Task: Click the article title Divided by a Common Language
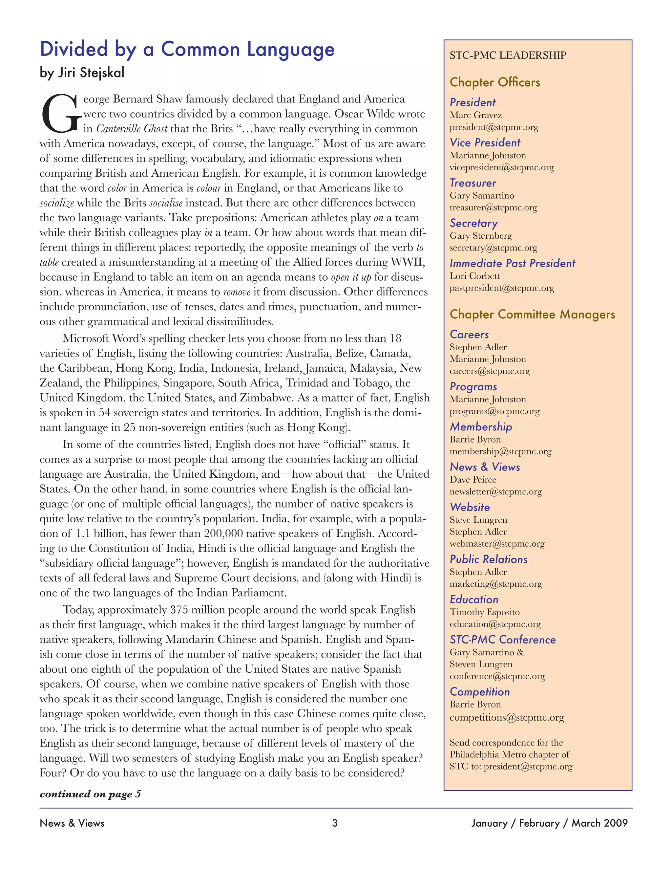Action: [x=187, y=49]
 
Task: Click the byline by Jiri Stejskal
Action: [x=82, y=73]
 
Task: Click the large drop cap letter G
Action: [x=60, y=114]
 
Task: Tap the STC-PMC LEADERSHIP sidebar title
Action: [x=508, y=55]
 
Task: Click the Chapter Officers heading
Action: [x=495, y=82]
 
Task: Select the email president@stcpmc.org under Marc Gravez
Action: [x=493, y=127]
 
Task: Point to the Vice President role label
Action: [x=485, y=142]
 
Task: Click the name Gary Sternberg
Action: [x=480, y=236]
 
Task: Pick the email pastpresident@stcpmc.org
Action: [x=502, y=288]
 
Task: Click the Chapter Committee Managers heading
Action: [x=532, y=314]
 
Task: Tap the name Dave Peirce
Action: [x=472, y=480]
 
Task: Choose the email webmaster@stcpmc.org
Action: [x=497, y=544]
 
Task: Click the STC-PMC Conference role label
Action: [x=502, y=640]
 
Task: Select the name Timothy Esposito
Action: [x=485, y=612]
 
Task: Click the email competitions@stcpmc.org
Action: [x=507, y=717]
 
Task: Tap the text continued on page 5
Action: [x=90, y=794]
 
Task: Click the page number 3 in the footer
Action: [x=335, y=823]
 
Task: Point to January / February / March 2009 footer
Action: [x=549, y=823]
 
